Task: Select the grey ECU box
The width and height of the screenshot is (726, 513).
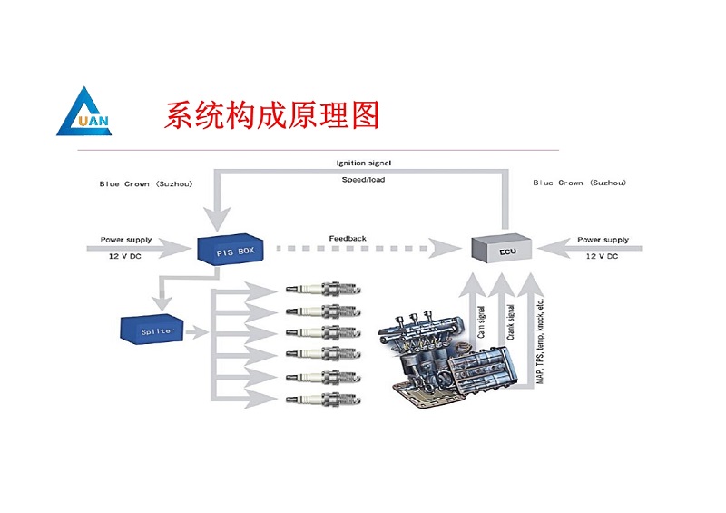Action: (x=500, y=247)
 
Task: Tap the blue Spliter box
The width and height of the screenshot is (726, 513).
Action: (x=153, y=330)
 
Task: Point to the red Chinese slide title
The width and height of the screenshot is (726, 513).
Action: (x=271, y=115)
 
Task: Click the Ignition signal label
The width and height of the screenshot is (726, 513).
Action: (x=364, y=163)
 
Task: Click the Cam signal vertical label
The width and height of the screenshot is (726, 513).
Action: (x=482, y=322)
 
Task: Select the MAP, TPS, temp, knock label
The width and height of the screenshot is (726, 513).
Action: (x=540, y=339)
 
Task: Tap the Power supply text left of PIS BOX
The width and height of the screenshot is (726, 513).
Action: (x=124, y=240)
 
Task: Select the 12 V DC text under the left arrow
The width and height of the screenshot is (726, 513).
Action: (x=124, y=256)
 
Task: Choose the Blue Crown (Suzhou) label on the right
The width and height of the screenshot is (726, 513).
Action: (x=580, y=183)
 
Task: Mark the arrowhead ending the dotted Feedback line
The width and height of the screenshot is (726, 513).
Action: (x=451, y=247)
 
